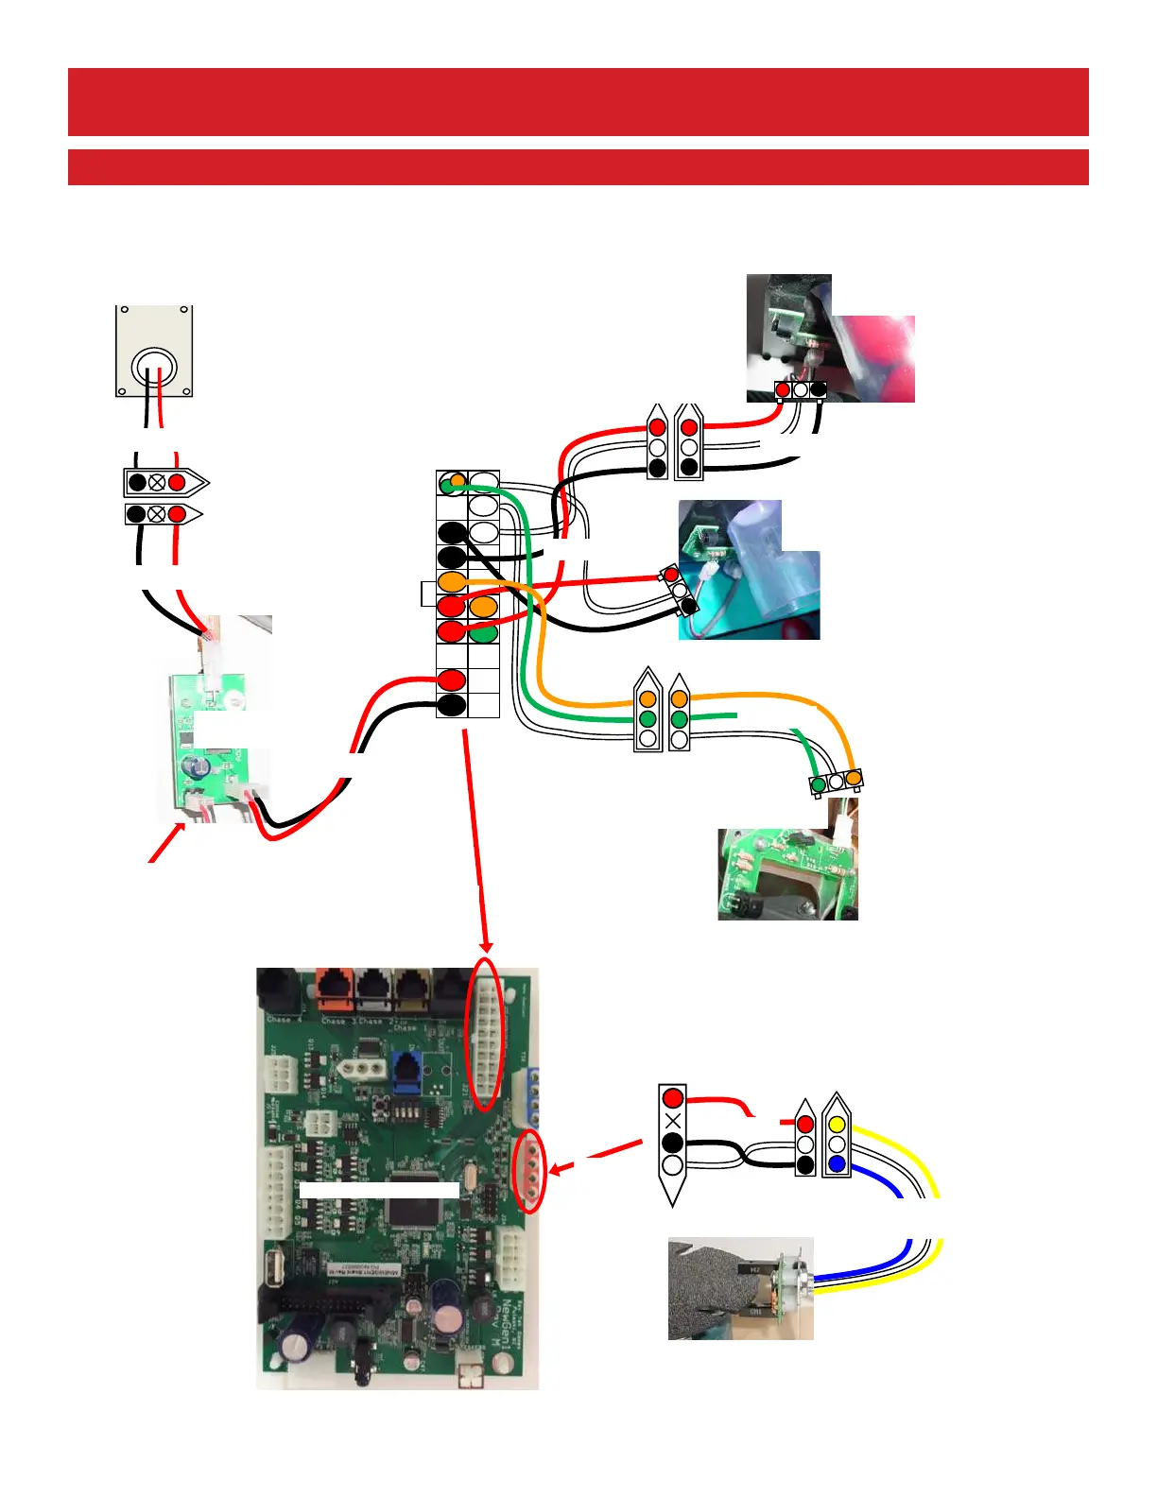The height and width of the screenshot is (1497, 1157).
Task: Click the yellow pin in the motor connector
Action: [837, 1125]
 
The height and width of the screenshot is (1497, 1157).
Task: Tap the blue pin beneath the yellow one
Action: [837, 1164]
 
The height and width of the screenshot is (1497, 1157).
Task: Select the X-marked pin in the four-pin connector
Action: [673, 1121]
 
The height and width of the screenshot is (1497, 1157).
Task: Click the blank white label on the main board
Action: [379, 1190]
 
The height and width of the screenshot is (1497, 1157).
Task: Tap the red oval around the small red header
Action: [529, 1172]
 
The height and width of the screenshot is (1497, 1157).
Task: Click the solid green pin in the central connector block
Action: [484, 632]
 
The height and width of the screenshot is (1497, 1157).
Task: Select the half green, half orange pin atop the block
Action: [453, 483]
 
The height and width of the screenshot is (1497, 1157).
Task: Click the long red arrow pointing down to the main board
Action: [476, 841]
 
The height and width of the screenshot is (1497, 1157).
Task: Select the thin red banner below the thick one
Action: [578, 167]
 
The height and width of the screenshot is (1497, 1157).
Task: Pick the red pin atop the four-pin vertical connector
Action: [673, 1098]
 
